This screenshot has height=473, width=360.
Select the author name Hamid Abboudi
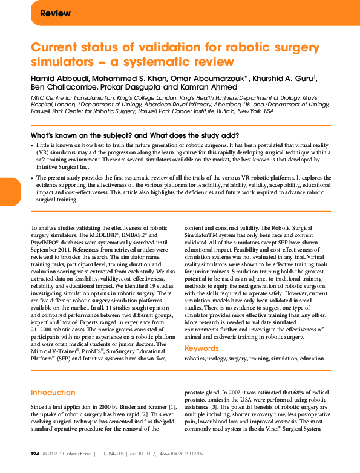[58, 79]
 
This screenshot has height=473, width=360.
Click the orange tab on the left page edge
[10, 192]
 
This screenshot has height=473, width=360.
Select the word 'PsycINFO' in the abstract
[46, 241]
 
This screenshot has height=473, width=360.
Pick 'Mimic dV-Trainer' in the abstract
[53, 351]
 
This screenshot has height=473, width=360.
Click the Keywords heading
[202, 348]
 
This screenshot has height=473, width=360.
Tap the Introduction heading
[53, 393]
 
